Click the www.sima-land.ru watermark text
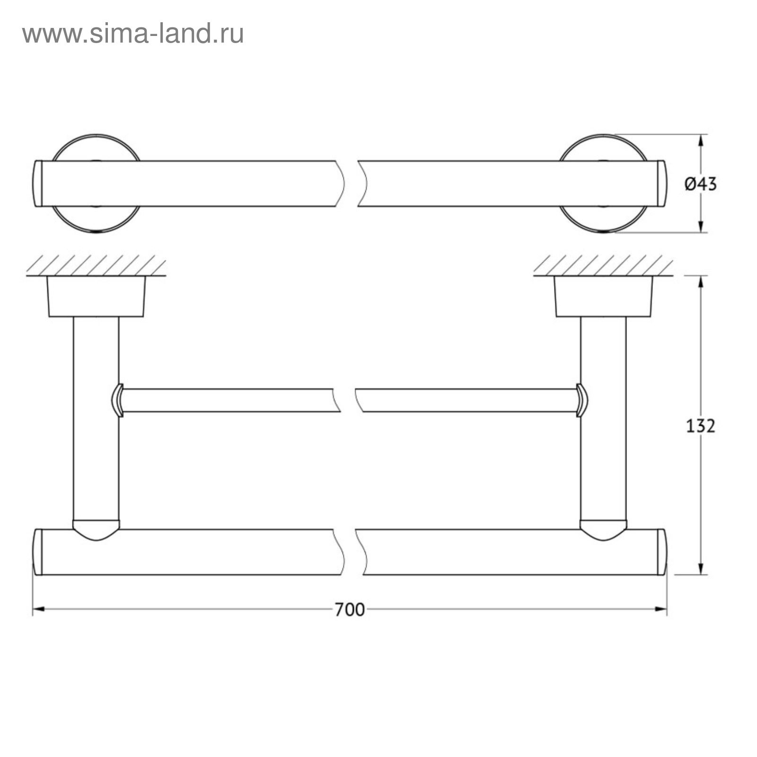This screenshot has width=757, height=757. click(133, 34)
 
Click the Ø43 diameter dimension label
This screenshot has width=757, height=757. click(701, 184)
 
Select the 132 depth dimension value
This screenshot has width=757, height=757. click(701, 426)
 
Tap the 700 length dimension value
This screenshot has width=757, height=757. click(350, 609)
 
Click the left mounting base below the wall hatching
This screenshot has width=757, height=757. click(96, 296)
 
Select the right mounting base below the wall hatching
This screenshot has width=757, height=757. click(603, 296)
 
